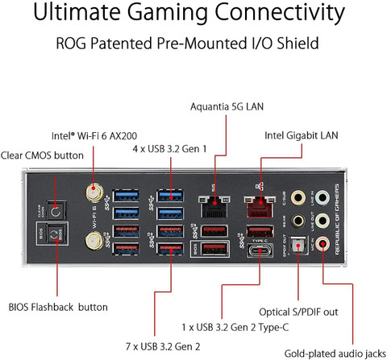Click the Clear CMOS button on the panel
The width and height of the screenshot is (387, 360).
[x=56, y=209]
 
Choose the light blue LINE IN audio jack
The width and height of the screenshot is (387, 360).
[x=323, y=196]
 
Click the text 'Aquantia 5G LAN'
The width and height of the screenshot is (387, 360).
[x=227, y=106]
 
